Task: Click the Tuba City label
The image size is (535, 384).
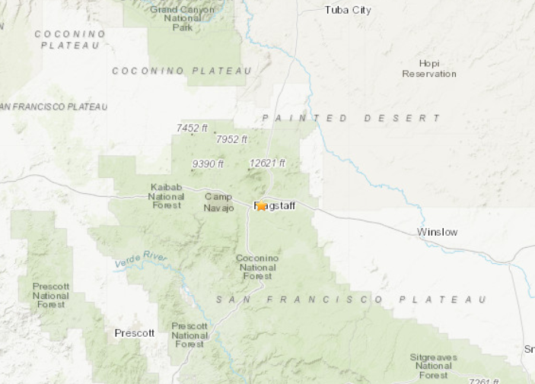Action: pyautogui.click(x=348, y=10)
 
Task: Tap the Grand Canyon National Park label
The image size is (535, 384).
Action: pyautogui.click(x=182, y=18)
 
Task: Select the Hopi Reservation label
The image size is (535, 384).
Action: pyautogui.click(x=429, y=68)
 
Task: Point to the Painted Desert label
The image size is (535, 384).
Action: pyautogui.click(x=351, y=118)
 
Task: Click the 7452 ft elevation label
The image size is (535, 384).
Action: pyautogui.click(x=192, y=129)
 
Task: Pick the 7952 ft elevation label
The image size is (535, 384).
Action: pyautogui.click(x=231, y=139)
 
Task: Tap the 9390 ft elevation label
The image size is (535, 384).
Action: pyautogui.click(x=208, y=163)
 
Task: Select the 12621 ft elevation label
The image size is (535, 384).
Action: pyautogui.click(x=267, y=163)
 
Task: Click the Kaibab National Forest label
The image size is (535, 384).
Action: pyautogui.click(x=165, y=196)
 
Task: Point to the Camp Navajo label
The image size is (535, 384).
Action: pyautogui.click(x=218, y=202)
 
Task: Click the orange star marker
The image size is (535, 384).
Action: pyautogui.click(x=261, y=205)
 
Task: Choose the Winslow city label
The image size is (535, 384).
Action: pyautogui.click(x=438, y=232)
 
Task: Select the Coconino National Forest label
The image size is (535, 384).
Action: pyautogui.click(x=257, y=267)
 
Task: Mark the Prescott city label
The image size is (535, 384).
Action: pyautogui.click(x=134, y=333)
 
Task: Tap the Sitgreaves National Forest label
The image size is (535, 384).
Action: pyautogui.click(x=433, y=366)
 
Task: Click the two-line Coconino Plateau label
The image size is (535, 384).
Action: pyautogui.click(x=68, y=40)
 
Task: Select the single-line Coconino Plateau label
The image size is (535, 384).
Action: pyautogui.click(x=182, y=71)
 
